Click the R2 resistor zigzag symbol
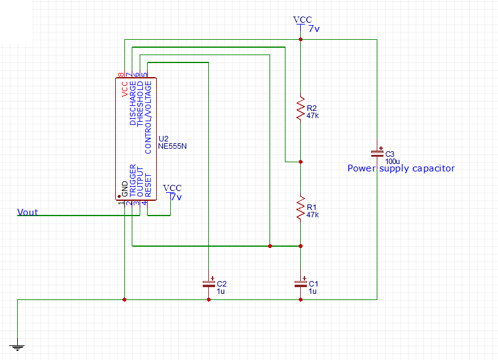(300, 108)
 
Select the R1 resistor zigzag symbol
(300, 208)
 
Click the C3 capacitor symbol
(377, 152)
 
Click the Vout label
(28, 212)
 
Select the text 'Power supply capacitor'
(401, 168)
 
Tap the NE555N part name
(172, 147)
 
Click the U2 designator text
(164, 139)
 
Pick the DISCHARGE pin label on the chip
(133, 103)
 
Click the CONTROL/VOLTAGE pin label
(147, 117)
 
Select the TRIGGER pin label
(133, 180)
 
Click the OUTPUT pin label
(140, 182)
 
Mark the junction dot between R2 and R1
(300, 162)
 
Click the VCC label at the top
(303, 20)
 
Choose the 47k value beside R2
(312, 115)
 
